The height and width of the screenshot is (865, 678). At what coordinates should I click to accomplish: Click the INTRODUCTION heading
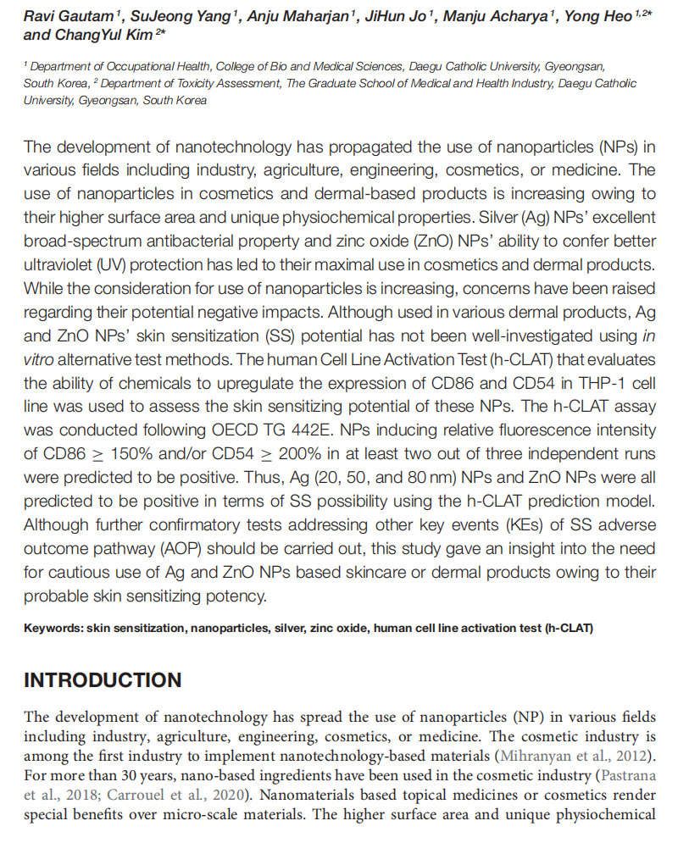(103, 680)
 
